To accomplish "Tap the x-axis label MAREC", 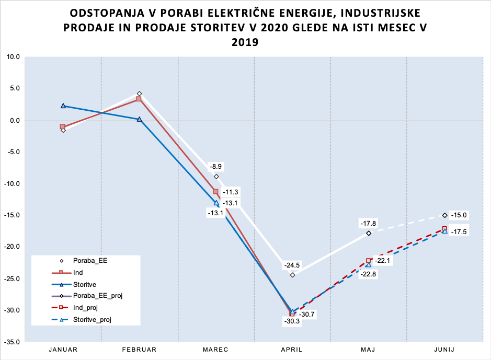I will (x=215, y=350).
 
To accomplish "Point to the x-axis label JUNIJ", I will (x=444, y=350).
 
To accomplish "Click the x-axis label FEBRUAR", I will (x=139, y=350).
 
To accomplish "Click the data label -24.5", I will (x=292, y=265).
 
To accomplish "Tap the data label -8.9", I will (x=216, y=166).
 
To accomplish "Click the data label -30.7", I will (x=307, y=315).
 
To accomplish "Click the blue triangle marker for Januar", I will (x=63, y=106).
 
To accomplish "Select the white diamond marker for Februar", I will (x=139, y=94).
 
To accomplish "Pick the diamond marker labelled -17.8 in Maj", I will (x=369, y=233).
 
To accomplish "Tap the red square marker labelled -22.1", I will (x=369, y=260).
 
